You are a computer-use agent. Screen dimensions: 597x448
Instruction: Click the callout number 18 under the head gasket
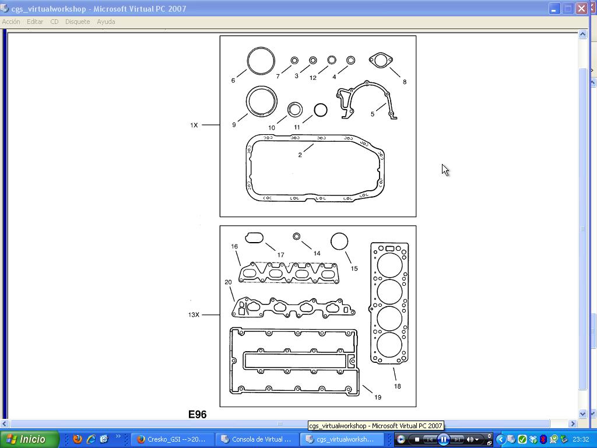coord(398,386)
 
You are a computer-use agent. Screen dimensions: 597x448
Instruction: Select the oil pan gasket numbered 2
coord(248,167)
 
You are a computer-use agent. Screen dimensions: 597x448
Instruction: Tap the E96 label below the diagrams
coord(197,415)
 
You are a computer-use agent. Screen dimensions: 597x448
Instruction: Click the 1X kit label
coord(194,125)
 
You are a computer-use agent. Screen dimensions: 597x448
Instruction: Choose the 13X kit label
coord(194,314)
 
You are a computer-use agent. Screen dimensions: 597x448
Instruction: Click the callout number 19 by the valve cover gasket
coord(378,397)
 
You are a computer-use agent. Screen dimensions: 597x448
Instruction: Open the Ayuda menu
coord(106,22)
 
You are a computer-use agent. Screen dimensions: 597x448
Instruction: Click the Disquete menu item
coord(78,22)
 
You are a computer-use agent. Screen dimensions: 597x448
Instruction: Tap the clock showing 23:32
coord(581,439)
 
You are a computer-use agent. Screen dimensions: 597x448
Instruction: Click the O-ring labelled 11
coord(314,110)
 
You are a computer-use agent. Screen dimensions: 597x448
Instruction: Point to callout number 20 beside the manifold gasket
coord(228,282)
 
